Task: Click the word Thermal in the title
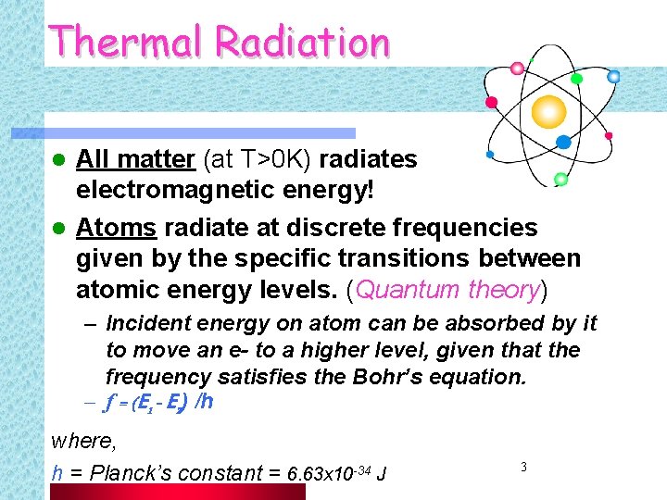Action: click(x=127, y=42)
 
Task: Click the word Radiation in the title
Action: click(x=302, y=42)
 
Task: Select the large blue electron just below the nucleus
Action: click(x=562, y=142)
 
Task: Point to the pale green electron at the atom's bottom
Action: click(x=560, y=178)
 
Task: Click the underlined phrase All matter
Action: click(x=135, y=160)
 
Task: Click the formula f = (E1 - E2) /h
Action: click(x=160, y=403)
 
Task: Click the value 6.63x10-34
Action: click(x=329, y=474)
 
